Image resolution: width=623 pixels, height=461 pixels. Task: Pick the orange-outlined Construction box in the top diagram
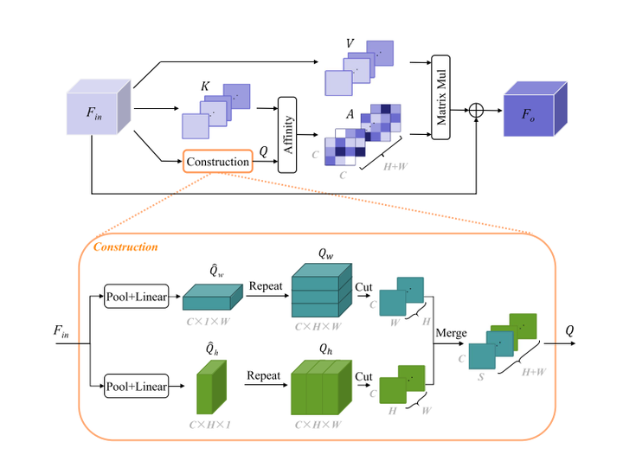coord(218,162)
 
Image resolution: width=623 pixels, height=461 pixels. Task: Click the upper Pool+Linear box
coord(136,295)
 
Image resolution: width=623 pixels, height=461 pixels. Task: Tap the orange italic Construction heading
coord(125,247)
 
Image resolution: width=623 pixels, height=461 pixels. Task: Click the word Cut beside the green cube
coord(364,375)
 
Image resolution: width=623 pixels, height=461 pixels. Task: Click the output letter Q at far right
coord(568,330)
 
